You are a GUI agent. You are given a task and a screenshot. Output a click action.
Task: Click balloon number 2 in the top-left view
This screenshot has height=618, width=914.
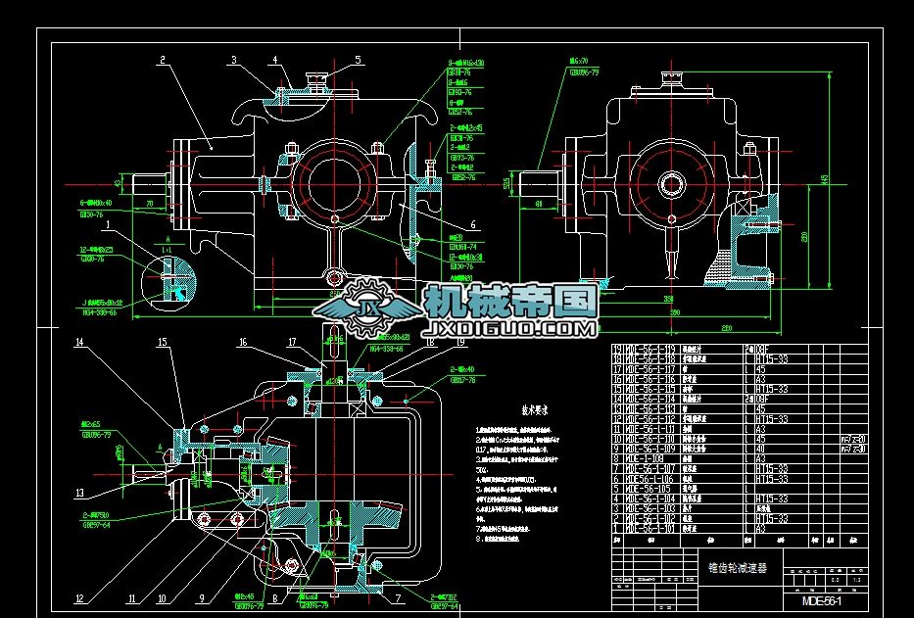coord(160,60)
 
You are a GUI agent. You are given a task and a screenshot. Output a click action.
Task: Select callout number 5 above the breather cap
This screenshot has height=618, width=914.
coord(358,60)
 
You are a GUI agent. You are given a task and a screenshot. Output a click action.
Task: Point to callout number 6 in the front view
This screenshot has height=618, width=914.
coord(473,224)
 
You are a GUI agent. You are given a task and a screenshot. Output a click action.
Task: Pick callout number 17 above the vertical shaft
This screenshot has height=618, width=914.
coord(291,342)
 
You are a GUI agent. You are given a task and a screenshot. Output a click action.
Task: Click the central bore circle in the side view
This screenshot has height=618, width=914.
coord(670,183)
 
